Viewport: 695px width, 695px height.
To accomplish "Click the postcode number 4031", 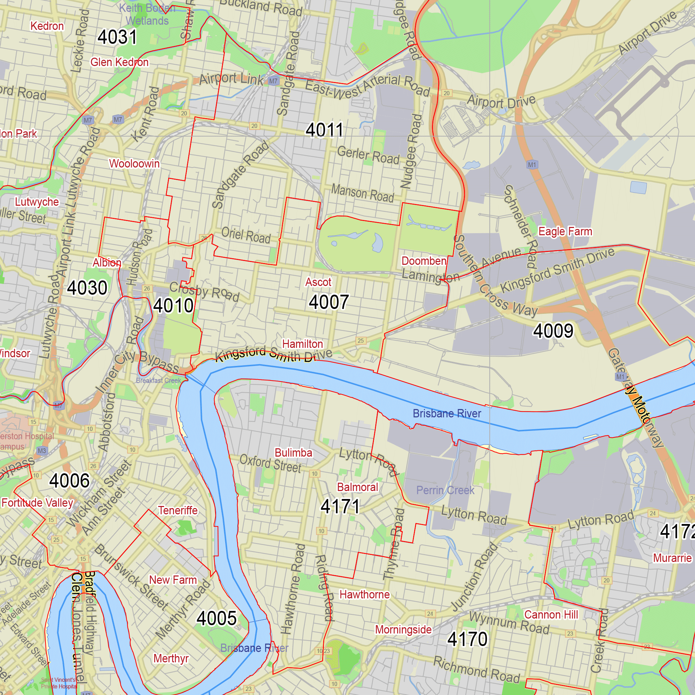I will pos(117,38).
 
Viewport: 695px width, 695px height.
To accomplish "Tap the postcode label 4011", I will pos(325,130).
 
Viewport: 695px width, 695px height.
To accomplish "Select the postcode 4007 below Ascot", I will pos(329,302).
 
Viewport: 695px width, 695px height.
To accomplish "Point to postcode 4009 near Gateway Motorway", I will pos(553,331).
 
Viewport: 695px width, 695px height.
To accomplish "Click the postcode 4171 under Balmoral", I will pos(340,507).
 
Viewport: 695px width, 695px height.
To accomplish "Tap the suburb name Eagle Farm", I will pos(565,231).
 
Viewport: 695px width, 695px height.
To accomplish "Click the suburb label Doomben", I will pos(424,261).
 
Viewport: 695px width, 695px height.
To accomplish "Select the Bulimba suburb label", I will pos(293,452).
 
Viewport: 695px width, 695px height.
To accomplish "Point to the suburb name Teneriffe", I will pos(178,510).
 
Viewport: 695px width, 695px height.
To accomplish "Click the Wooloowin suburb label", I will pos(134,164).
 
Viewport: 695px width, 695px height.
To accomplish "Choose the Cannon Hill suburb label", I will pos(551,615).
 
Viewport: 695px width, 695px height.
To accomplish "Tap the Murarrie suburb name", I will pos(672,558).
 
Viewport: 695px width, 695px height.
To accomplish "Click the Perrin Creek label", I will pos(445,490).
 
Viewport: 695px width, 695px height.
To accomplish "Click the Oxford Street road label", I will pos(270,464).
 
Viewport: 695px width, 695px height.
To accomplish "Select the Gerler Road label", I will pos(368,155).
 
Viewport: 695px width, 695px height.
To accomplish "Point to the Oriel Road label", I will pos(246,236).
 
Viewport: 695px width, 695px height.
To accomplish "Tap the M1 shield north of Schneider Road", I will pos(532,165).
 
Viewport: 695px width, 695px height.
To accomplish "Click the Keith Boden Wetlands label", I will pos(147,14).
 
